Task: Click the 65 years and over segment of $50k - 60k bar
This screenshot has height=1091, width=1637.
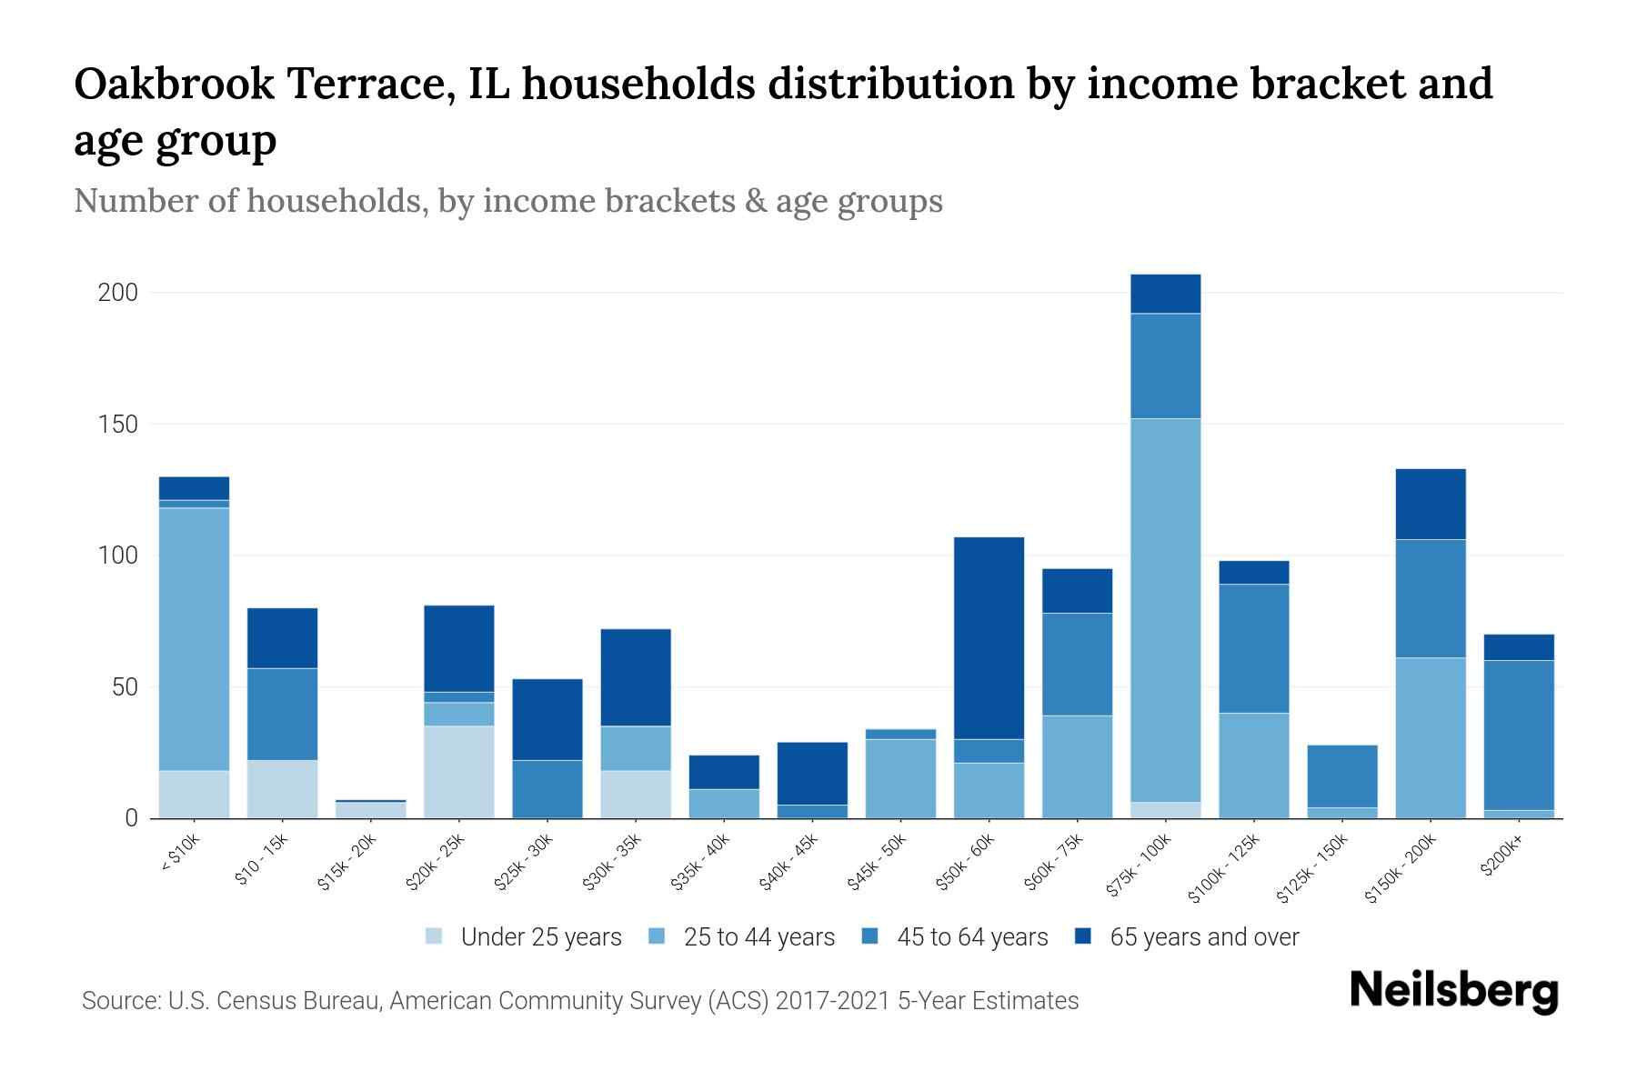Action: (x=989, y=637)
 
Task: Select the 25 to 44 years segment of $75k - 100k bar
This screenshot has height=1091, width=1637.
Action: (x=1166, y=609)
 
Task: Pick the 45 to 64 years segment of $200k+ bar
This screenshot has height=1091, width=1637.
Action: (x=1519, y=735)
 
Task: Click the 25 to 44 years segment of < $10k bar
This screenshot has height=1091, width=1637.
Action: (x=194, y=638)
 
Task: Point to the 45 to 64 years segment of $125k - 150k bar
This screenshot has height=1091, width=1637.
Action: (x=1342, y=776)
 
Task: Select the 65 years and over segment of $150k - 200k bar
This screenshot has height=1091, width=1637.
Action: (x=1431, y=504)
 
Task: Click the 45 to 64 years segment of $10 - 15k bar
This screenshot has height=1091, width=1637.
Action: (x=282, y=714)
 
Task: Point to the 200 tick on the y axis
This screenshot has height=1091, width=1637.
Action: (x=118, y=293)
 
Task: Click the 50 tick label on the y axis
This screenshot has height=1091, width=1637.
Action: (x=125, y=687)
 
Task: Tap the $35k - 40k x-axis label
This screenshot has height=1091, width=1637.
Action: (x=701, y=863)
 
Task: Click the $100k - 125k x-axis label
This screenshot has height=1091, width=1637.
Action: (x=1224, y=869)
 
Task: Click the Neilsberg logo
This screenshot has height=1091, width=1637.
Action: (x=1454, y=992)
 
